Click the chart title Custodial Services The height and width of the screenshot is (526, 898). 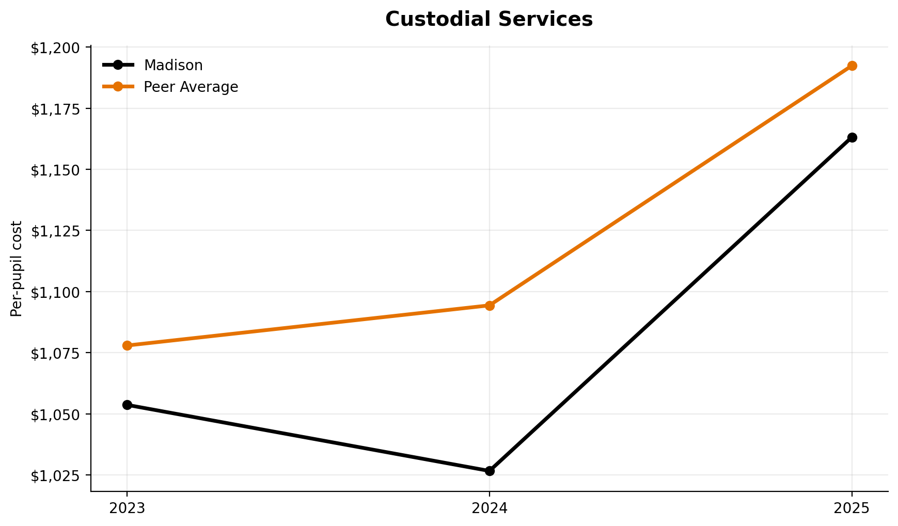pos(489,20)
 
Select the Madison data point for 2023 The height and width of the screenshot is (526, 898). pos(127,405)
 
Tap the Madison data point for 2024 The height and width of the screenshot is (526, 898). pos(490,471)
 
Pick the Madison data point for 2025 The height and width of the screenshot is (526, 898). pos(852,137)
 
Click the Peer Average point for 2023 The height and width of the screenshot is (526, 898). pos(127,345)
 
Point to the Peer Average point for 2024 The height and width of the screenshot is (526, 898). pos(490,306)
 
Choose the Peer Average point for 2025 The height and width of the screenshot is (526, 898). pos(852,66)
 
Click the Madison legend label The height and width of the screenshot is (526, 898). pos(173,65)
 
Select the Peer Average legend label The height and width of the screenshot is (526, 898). pos(191,87)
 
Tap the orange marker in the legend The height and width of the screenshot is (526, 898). pos(118,87)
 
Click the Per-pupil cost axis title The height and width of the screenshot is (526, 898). pos(17,268)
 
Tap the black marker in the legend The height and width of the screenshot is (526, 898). pos(118,65)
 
